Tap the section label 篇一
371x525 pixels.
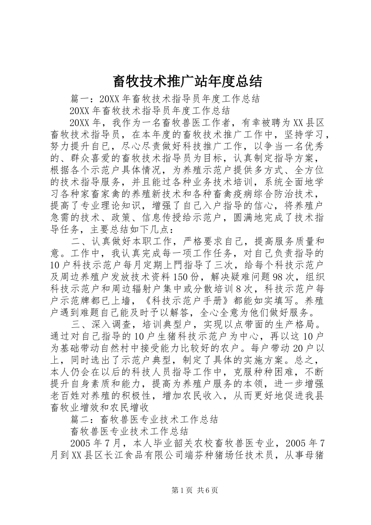(78, 98)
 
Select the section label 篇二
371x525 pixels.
(78, 420)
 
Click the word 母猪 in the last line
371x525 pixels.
(314, 455)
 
